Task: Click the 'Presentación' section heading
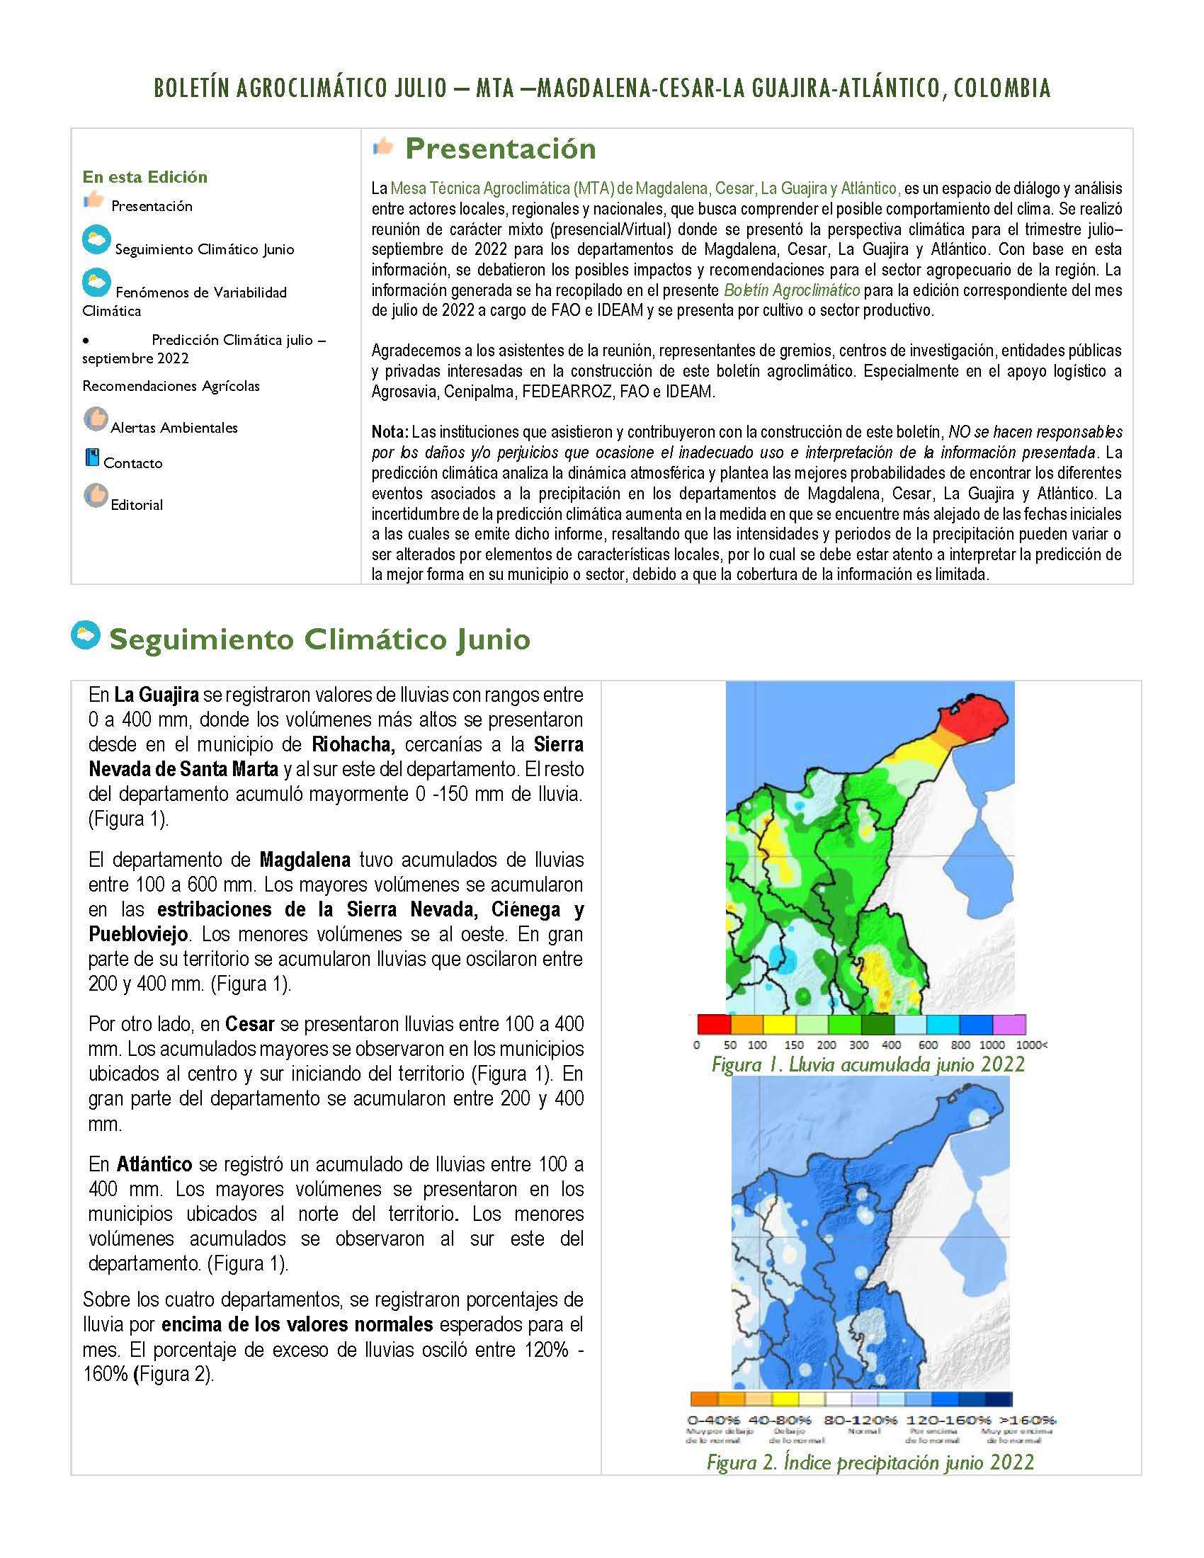pos(500,149)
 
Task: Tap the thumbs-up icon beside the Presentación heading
pos(383,147)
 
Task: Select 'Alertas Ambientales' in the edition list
pos(174,427)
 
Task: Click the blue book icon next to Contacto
pos(92,457)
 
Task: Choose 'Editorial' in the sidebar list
pos(137,504)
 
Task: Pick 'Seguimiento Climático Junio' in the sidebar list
pos(204,249)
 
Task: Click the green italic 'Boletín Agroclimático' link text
pos(792,290)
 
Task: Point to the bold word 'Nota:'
pos(390,431)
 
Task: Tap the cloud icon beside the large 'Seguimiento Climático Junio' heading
pos(86,635)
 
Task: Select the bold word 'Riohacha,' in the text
pos(353,744)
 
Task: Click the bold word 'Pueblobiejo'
pos(138,934)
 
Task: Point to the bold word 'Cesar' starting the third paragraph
pos(249,1024)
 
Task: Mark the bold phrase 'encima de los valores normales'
pos(297,1325)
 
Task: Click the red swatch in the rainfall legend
pos(713,1025)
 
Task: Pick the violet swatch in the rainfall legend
pos(1009,1025)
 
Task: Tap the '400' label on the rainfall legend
pos(891,1045)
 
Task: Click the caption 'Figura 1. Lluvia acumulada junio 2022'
pos(868,1065)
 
